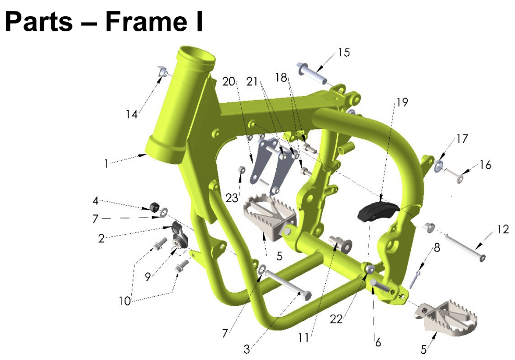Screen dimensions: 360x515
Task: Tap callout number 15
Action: (344, 53)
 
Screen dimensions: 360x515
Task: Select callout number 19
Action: (402, 102)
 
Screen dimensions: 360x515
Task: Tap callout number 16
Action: (485, 165)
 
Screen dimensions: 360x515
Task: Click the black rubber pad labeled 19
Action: (377, 210)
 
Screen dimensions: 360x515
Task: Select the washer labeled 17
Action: (438, 166)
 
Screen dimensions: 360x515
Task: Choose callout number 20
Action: (229, 81)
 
